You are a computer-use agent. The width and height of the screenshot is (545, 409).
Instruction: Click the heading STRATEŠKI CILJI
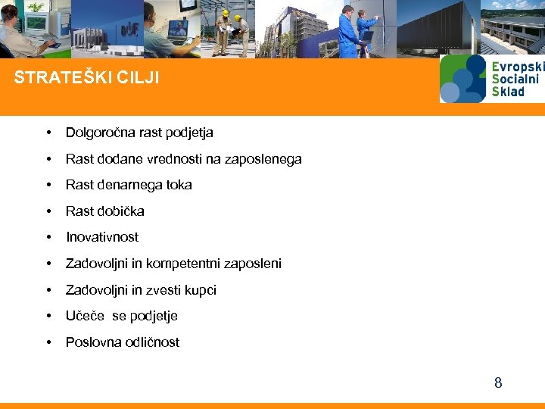87,78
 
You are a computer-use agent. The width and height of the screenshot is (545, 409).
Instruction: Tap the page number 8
497,382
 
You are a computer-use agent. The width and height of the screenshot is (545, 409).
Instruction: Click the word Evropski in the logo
515,67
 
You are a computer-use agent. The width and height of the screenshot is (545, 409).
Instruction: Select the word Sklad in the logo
508,92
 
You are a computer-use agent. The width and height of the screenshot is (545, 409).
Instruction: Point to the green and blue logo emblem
462,79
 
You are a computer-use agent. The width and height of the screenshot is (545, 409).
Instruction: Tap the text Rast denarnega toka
129,185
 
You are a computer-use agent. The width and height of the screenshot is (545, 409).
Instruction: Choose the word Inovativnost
102,237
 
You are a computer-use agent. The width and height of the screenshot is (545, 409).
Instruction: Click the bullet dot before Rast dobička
48,211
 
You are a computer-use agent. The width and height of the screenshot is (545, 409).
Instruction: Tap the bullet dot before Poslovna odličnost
48,342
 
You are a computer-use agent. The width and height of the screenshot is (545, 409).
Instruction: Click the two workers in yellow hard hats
231,30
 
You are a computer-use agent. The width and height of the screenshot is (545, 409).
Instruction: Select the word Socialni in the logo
515,79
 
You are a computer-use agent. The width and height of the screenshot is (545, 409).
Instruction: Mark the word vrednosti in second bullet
159,159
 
